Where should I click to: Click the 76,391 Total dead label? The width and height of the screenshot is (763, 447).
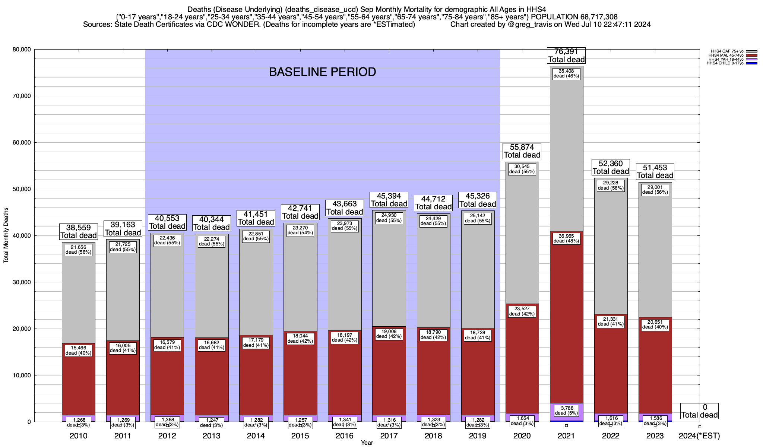[x=566, y=56]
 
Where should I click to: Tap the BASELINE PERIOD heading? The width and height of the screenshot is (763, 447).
[x=322, y=72]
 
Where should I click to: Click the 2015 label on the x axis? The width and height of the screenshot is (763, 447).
[x=300, y=436]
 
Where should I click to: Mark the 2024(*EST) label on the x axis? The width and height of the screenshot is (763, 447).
[x=699, y=436]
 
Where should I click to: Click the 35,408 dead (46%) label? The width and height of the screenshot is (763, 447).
[x=566, y=73]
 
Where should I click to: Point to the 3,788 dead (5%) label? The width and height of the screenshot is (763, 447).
[x=566, y=410]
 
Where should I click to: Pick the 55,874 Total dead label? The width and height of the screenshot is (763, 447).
[x=522, y=151]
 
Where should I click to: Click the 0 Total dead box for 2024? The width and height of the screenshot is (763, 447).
[x=699, y=411]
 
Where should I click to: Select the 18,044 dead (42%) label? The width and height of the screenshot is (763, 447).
[x=300, y=339]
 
